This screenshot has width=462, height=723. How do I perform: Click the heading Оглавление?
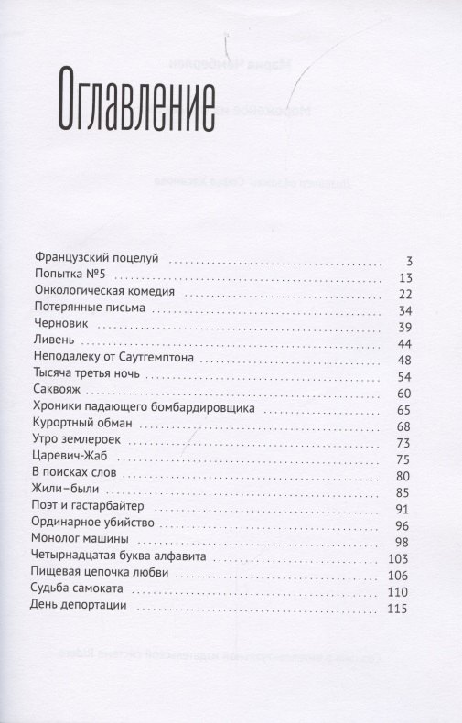coord(143,98)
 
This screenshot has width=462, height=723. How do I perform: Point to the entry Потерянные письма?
coord(90,311)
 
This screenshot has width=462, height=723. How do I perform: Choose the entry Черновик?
coord(60,329)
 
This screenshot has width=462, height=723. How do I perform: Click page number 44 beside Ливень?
coord(407,346)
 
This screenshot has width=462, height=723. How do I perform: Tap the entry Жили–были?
coord(67,502)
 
